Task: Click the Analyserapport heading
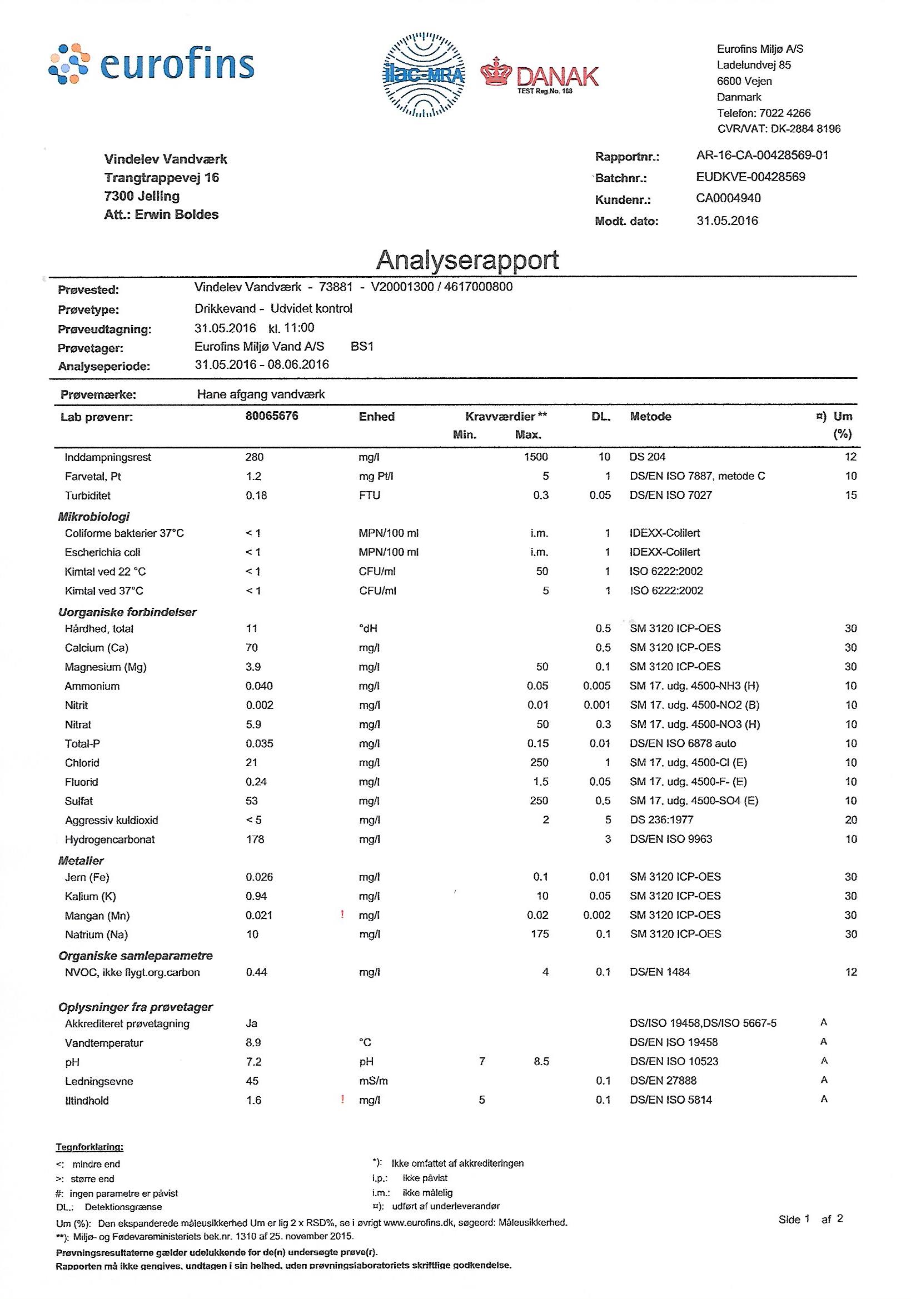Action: coord(467,259)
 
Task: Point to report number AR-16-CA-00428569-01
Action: coord(763,155)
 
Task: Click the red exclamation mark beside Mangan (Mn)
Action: coord(342,914)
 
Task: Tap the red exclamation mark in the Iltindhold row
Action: coord(342,1100)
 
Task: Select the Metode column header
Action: coord(651,416)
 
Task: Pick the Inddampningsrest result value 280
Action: coord(254,457)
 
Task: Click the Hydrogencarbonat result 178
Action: coord(255,838)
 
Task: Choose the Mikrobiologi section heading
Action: coord(94,516)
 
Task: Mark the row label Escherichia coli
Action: coord(102,552)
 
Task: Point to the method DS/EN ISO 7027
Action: coord(670,495)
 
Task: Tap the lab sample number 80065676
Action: coord(272,416)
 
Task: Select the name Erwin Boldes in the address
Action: coord(177,214)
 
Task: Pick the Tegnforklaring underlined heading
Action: coord(89,1147)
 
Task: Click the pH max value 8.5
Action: coord(541,1061)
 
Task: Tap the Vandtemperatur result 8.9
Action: coord(253,1042)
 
